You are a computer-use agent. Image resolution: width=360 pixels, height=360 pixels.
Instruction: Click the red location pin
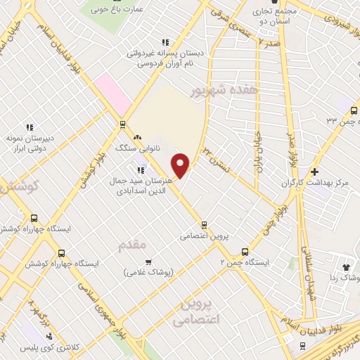click(181, 165)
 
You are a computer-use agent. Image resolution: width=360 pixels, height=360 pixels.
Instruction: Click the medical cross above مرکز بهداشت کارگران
click(314, 171)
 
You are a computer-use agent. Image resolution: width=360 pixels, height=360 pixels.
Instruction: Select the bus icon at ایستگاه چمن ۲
click(245, 251)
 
